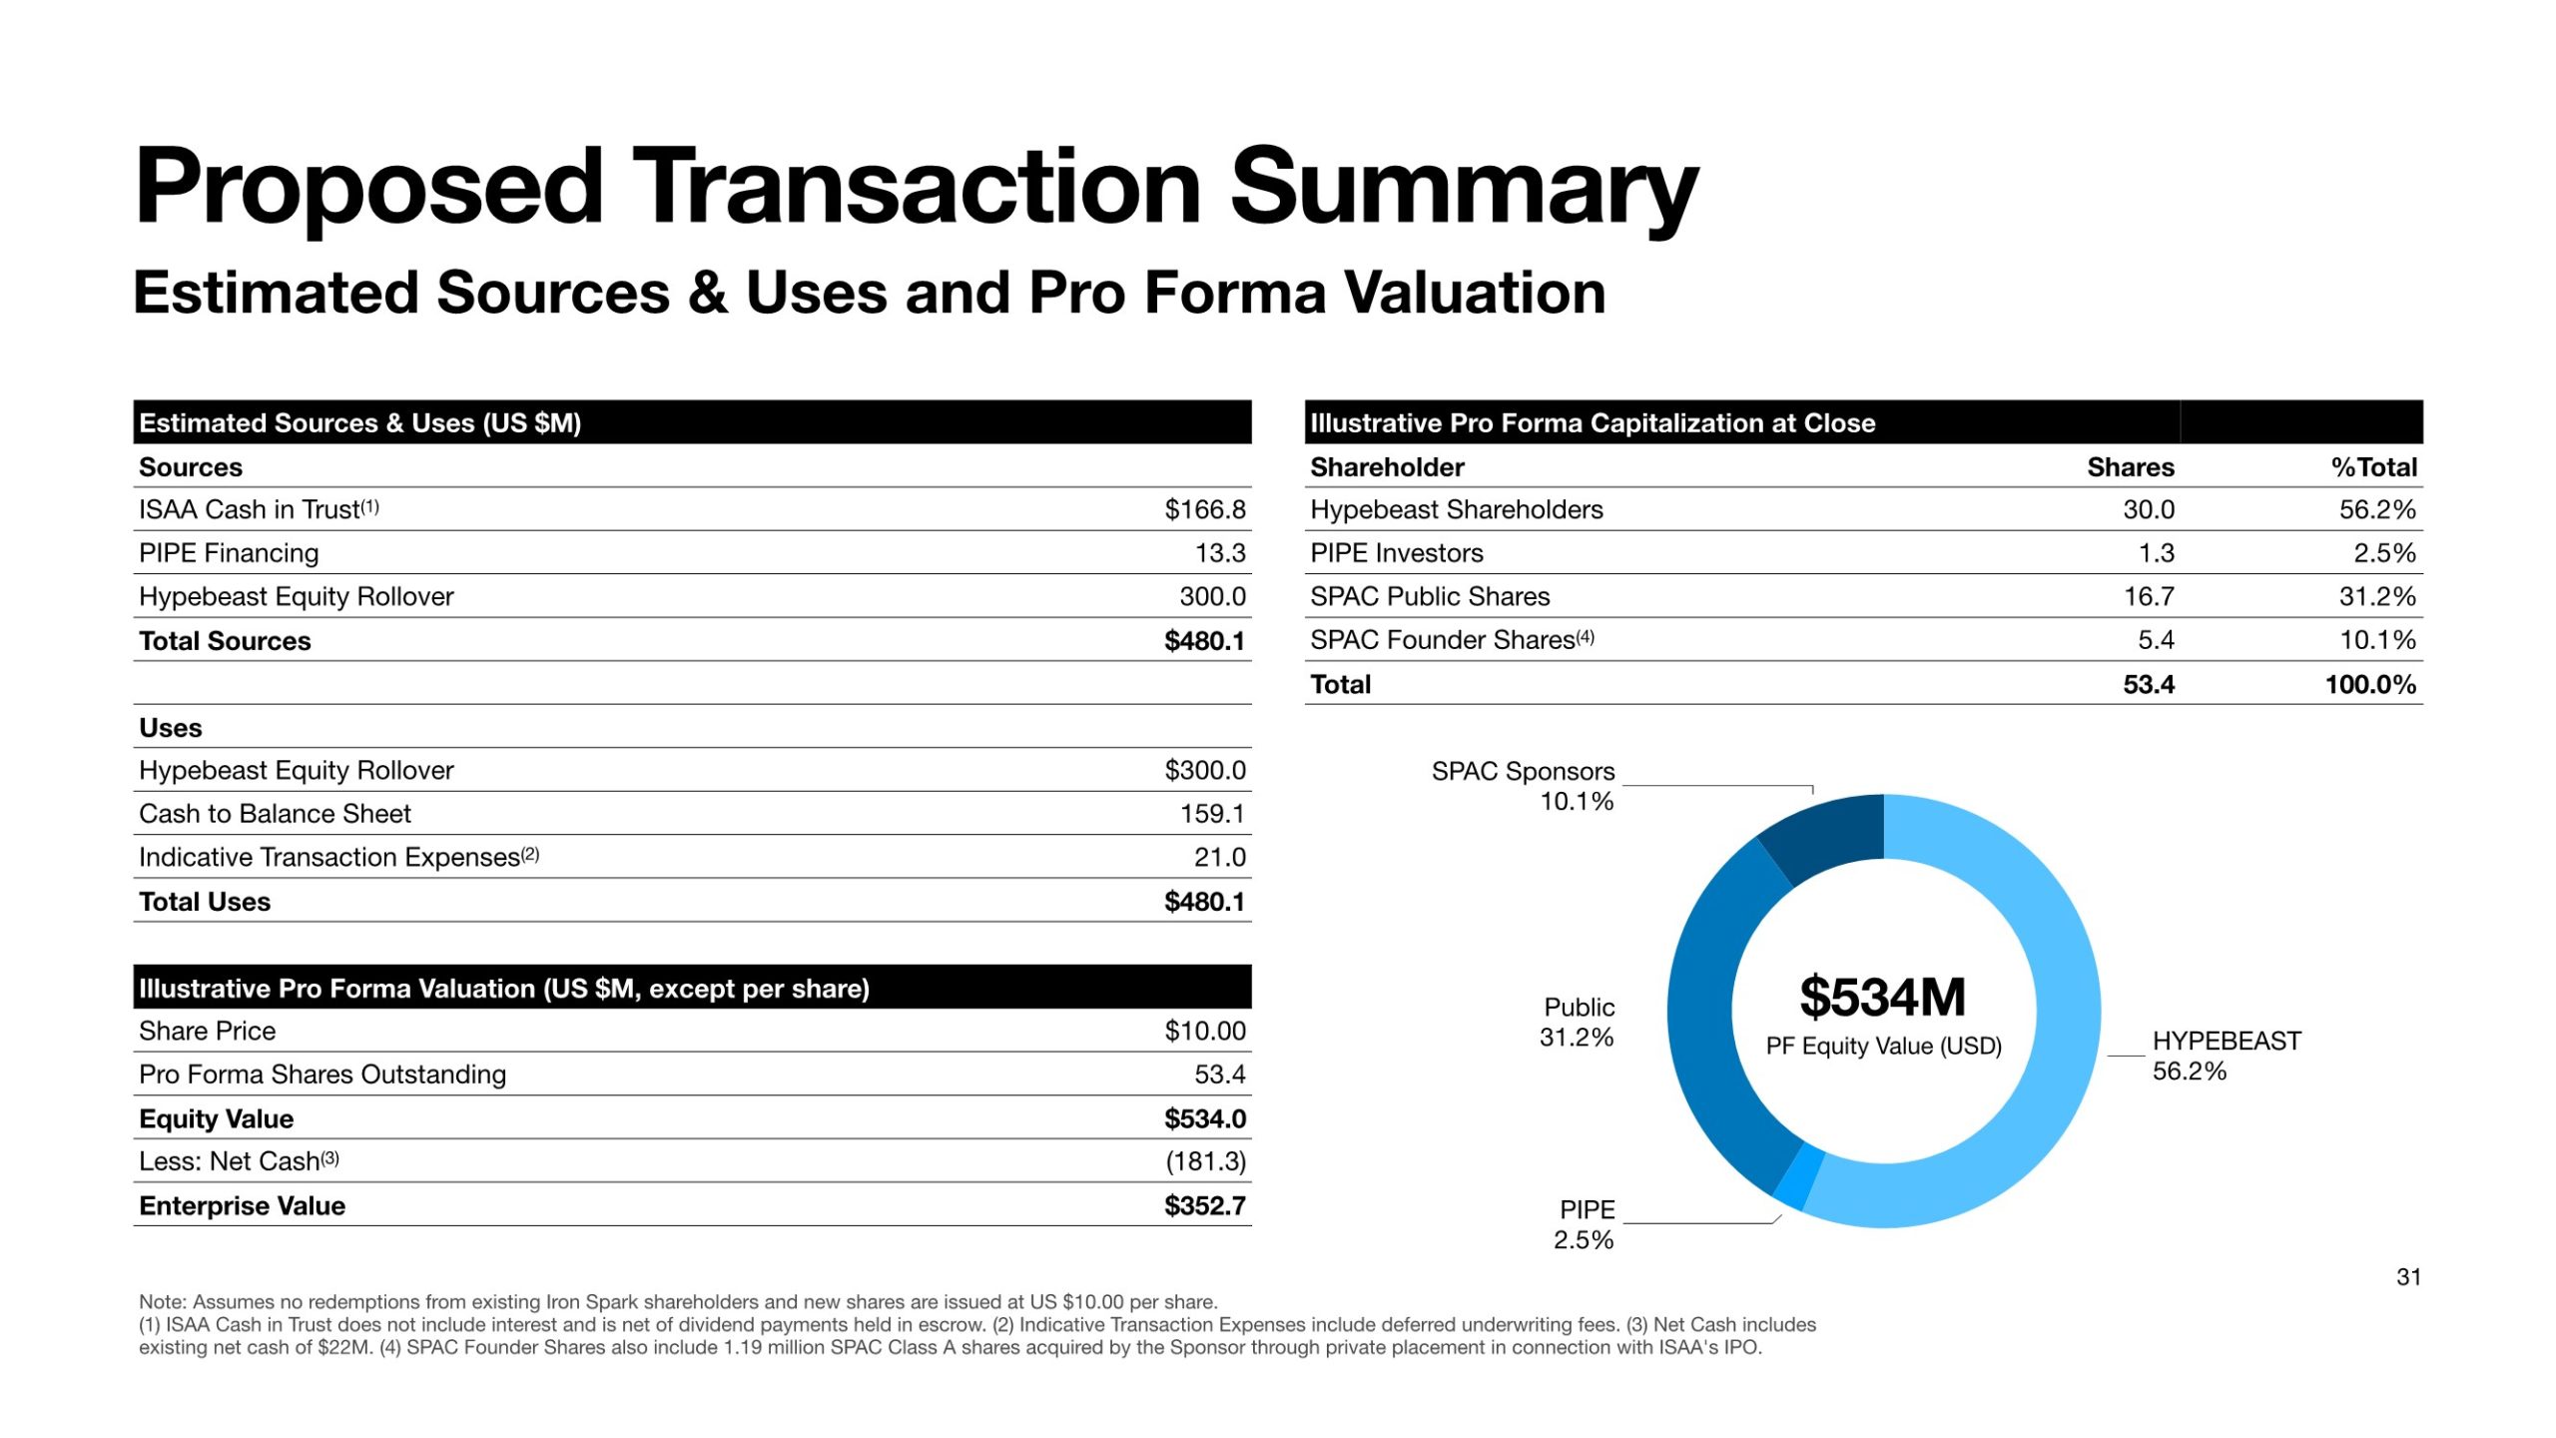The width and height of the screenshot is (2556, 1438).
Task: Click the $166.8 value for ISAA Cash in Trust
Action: (1204, 509)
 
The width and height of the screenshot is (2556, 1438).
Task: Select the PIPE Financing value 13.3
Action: (1220, 553)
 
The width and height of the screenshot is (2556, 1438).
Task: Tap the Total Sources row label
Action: (225, 641)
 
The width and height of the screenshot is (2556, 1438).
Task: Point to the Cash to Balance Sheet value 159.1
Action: (1212, 814)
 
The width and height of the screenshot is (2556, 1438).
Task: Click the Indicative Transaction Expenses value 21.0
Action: (1219, 858)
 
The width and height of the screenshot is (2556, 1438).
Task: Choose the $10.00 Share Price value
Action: (1204, 1032)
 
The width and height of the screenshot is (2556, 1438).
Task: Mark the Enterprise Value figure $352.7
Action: (1204, 1206)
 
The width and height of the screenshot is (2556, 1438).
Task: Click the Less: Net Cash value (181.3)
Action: (1205, 1161)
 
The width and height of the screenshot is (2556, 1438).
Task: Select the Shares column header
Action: (2130, 467)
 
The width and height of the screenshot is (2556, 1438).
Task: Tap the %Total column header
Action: (2373, 467)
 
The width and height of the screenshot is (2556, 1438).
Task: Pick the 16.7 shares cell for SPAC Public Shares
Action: (2148, 597)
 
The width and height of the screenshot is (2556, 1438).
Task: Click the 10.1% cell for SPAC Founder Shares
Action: (2377, 640)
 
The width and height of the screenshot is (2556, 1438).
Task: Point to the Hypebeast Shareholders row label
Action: (1456, 510)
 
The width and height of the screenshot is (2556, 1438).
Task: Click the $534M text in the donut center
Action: (1882, 998)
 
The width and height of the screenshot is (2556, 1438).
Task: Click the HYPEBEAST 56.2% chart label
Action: (2226, 1056)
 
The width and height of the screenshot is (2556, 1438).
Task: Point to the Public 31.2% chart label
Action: (1577, 1022)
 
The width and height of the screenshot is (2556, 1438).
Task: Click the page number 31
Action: (2407, 1277)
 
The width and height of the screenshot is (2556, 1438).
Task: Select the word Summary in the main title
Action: (1464, 187)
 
